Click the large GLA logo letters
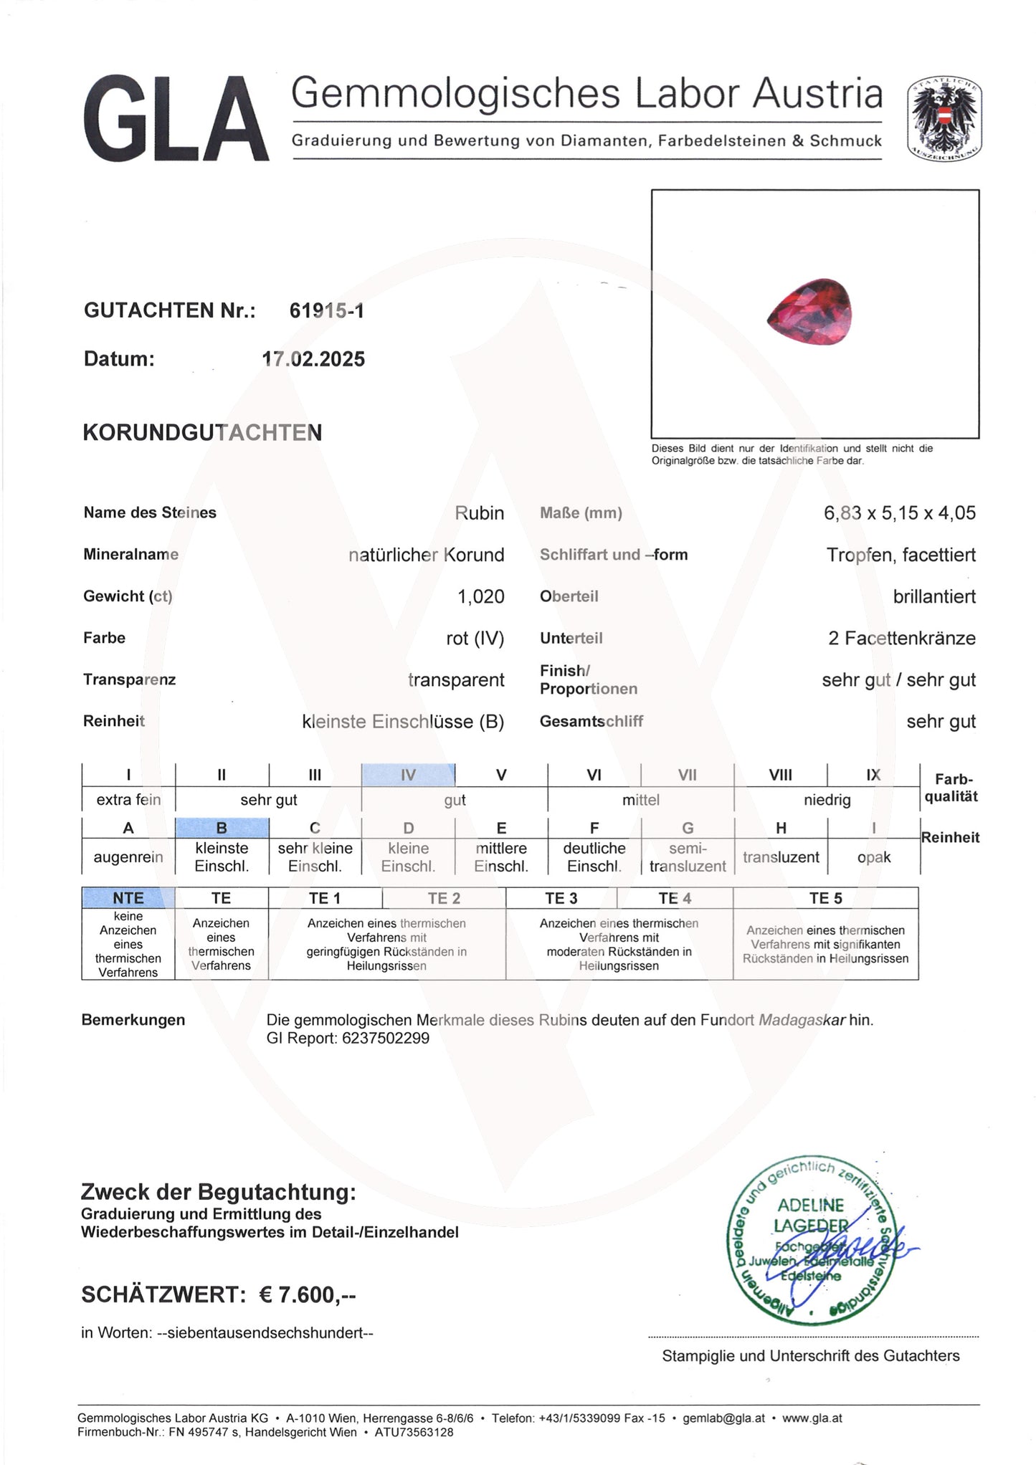(x=176, y=119)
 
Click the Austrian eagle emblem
(x=944, y=118)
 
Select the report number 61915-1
(x=326, y=310)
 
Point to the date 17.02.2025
(x=313, y=359)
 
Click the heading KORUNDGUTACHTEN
(x=202, y=433)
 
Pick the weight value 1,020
(x=480, y=596)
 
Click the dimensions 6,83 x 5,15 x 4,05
(x=899, y=513)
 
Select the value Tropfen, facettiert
(x=900, y=555)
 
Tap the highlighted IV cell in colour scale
(x=408, y=775)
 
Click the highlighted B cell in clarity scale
(x=222, y=828)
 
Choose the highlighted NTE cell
(x=128, y=898)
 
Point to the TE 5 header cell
(x=825, y=898)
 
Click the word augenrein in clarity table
(x=128, y=857)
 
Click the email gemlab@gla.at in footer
(x=723, y=1418)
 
